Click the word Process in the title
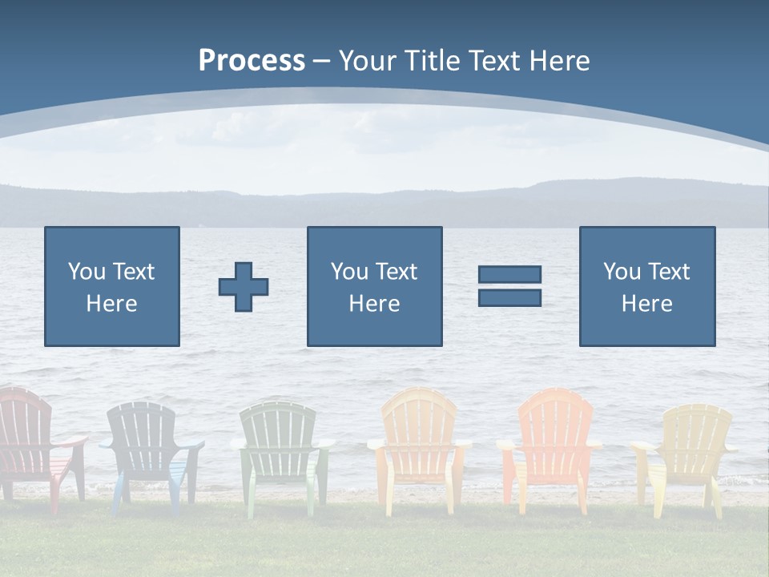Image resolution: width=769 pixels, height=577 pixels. click(252, 61)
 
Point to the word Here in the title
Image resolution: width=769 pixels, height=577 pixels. click(561, 61)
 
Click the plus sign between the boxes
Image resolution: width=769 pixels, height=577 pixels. click(244, 287)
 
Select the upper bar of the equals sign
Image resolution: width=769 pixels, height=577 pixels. click(509, 274)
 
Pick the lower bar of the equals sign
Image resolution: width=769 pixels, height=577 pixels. click(509, 297)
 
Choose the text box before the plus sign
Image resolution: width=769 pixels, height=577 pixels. click(112, 286)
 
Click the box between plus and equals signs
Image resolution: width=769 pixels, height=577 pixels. click(374, 286)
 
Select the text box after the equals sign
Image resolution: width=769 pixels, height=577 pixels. click(647, 286)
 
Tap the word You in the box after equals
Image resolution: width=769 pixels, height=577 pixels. click(622, 272)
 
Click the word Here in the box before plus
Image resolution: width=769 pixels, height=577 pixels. click(112, 304)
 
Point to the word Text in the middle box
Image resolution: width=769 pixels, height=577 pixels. click(398, 272)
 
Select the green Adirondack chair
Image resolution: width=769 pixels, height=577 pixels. click(280, 449)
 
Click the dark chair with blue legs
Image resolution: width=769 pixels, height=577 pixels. click(147, 449)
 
